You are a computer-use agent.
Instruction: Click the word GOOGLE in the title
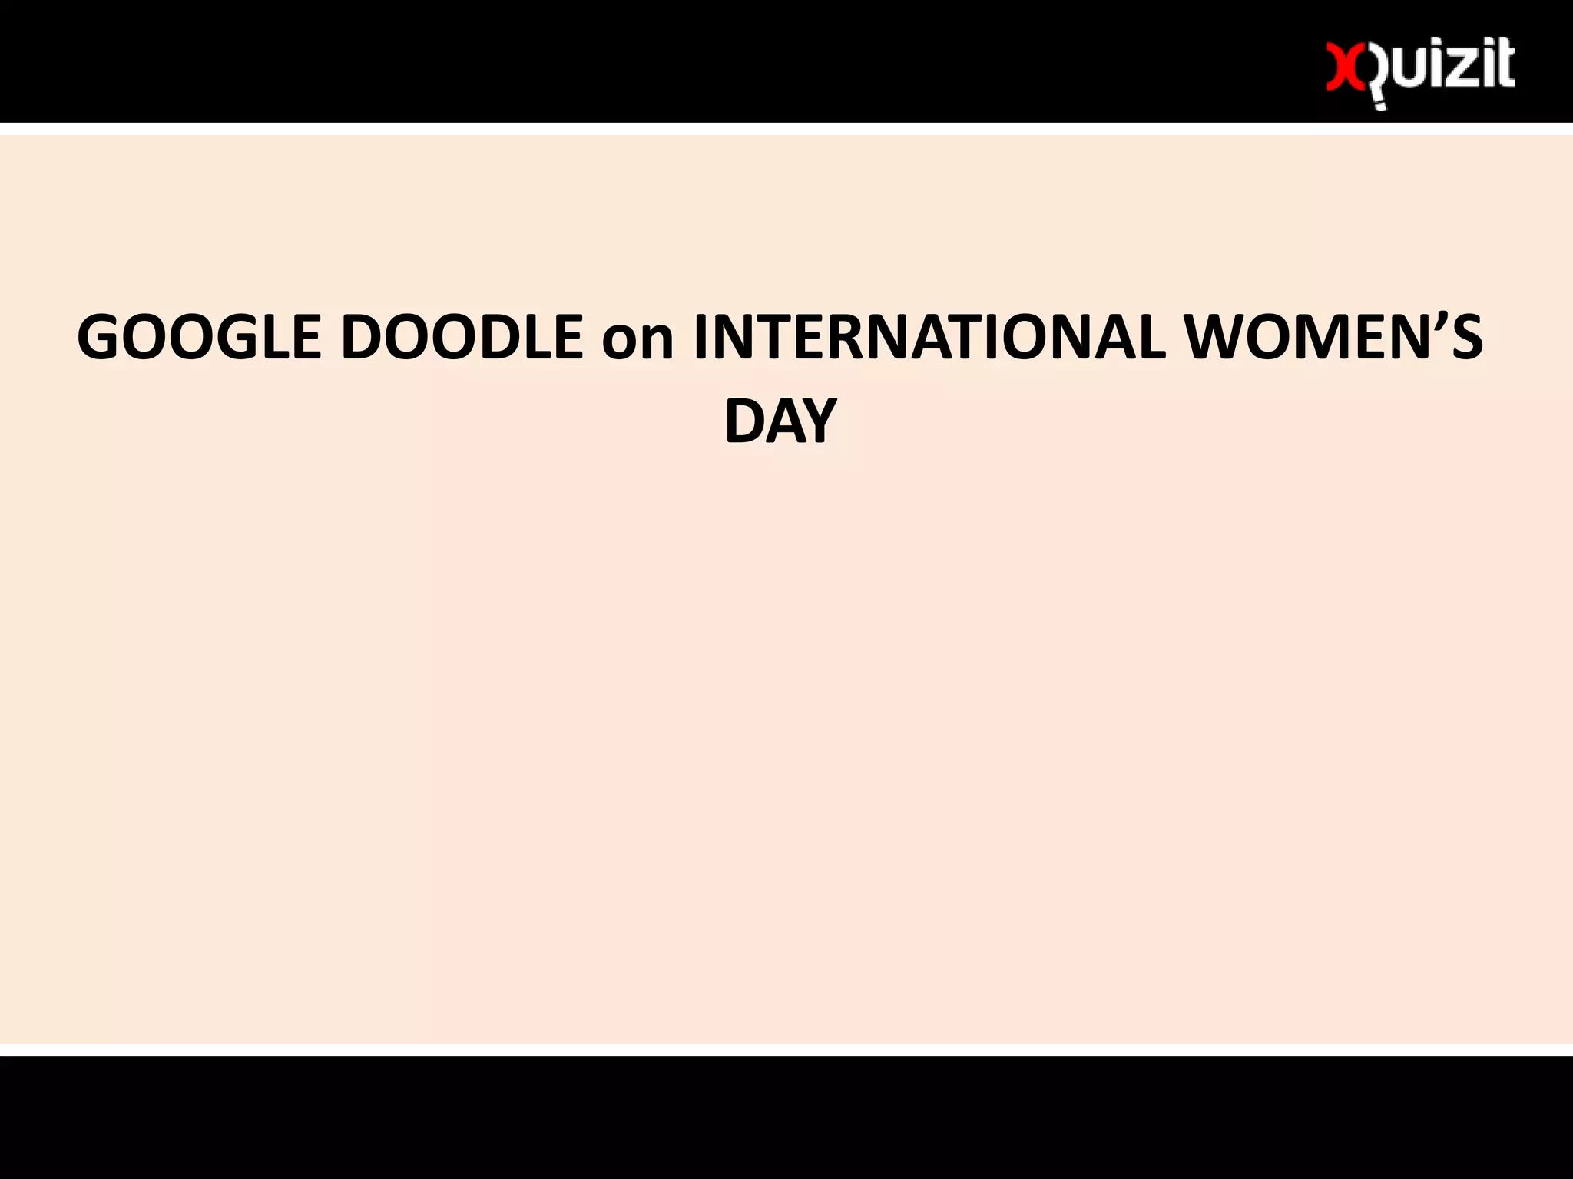click(x=199, y=338)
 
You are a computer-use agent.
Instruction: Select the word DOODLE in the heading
click(x=462, y=338)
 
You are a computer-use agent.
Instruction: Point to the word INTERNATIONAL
click(x=929, y=338)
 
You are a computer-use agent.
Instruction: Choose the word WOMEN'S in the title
click(x=1333, y=338)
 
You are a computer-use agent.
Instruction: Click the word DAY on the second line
click(x=780, y=421)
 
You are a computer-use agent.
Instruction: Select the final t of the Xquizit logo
click(x=1504, y=65)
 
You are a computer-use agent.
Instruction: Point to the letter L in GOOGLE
click(x=272, y=338)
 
